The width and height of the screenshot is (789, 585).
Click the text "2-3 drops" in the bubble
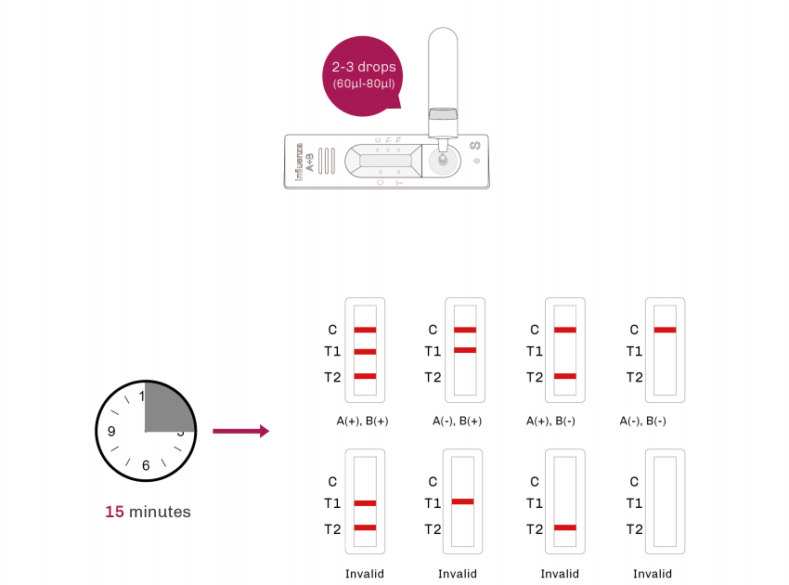coord(364,68)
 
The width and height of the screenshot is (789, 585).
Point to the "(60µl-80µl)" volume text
coord(364,84)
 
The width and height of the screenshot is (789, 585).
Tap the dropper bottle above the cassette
coord(442,74)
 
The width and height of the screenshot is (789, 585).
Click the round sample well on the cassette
coord(442,162)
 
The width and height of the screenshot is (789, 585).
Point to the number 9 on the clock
coord(110,431)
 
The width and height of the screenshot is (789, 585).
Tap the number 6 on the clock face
coord(145,465)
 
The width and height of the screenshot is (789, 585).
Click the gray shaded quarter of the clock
coord(168,408)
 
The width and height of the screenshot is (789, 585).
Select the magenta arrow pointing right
coord(240,431)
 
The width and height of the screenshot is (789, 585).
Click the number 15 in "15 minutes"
coord(114,512)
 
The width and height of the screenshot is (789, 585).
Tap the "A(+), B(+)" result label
coord(362,421)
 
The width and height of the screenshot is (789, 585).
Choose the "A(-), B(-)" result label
coord(643,421)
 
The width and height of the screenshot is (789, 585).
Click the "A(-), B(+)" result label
coord(456,421)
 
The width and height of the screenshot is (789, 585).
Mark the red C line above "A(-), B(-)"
coord(665,330)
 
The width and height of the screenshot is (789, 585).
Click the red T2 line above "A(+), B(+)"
coord(365,376)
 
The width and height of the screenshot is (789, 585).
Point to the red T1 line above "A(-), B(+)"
coord(465,350)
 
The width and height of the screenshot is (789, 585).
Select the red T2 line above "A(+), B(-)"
coord(564,376)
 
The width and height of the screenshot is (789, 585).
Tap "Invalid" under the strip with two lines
coord(364,574)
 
